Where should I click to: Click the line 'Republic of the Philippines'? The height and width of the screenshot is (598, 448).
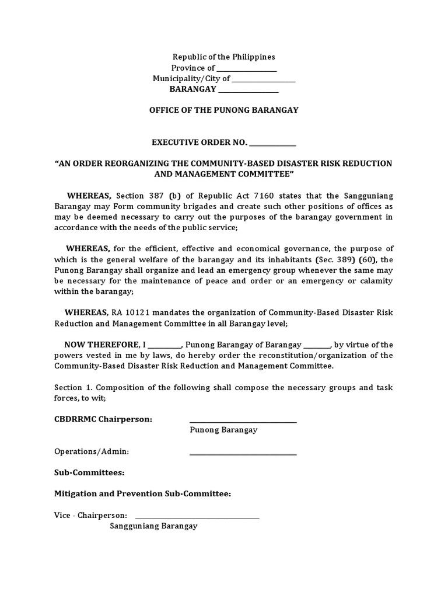[x=223, y=57]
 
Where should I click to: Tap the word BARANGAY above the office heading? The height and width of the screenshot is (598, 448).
[x=192, y=89]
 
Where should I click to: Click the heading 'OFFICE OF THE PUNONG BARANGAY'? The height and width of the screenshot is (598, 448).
[x=224, y=110]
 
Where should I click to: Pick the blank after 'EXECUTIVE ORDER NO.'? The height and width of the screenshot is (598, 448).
[x=273, y=142]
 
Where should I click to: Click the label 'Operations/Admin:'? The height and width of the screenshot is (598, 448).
[x=92, y=451]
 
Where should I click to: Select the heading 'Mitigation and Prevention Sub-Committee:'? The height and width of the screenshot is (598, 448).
[x=142, y=494]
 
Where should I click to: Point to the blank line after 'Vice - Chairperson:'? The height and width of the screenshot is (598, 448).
[x=197, y=516]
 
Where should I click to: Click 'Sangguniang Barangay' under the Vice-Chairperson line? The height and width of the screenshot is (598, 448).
[x=154, y=526]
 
